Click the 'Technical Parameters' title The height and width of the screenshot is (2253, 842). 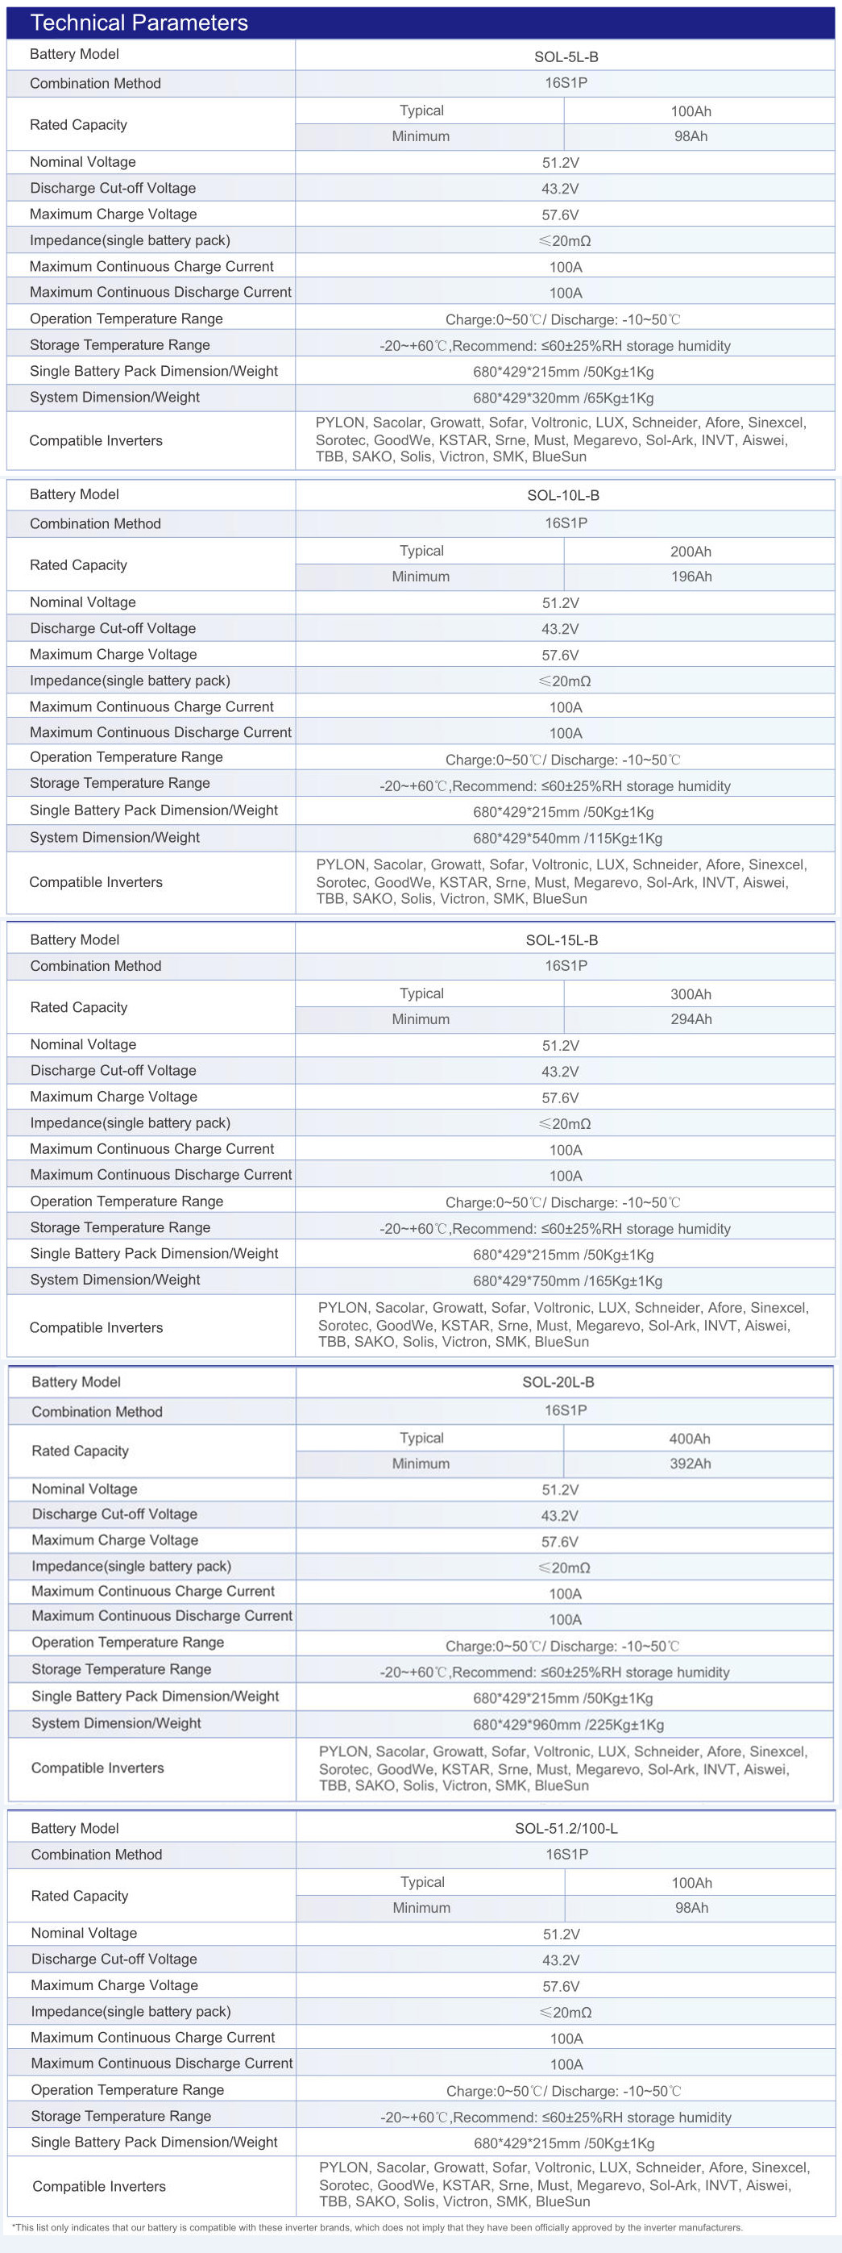[x=139, y=23]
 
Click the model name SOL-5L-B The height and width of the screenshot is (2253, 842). [x=566, y=57]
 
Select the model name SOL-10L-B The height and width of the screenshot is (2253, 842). [x=563, y=496]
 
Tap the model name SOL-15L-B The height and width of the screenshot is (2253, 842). [x=562, y=940]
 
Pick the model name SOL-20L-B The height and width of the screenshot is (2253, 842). [x=558, y=1382]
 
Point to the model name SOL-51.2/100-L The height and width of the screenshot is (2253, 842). [x=566, y=1828]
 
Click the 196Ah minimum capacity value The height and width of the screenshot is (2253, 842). [x=691, y=577]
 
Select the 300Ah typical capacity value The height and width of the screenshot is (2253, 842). [x=691, y=994]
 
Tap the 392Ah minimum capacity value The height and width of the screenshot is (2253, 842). [x=690, y=1464]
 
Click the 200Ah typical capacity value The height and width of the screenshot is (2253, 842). [x=691, y=552]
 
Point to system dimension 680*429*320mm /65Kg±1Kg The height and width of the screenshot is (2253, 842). [x=563, y=398]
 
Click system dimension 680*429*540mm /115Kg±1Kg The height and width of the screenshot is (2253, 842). [x=567, y=838]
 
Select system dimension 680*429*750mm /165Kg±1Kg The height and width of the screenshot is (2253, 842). [x=567, y=1281]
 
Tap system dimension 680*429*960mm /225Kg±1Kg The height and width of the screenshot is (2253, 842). [x=567, y=1725]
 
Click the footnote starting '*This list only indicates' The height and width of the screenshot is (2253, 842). [x=376, y=2228]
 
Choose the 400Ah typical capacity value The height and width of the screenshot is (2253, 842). [x=689, y=1439]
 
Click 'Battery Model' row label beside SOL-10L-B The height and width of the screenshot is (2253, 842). [x=74, y=494]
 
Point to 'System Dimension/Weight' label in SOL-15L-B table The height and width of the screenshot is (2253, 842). [x=115, y=1280]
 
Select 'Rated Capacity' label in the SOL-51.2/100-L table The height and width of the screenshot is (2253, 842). [x=80, y=1895]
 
